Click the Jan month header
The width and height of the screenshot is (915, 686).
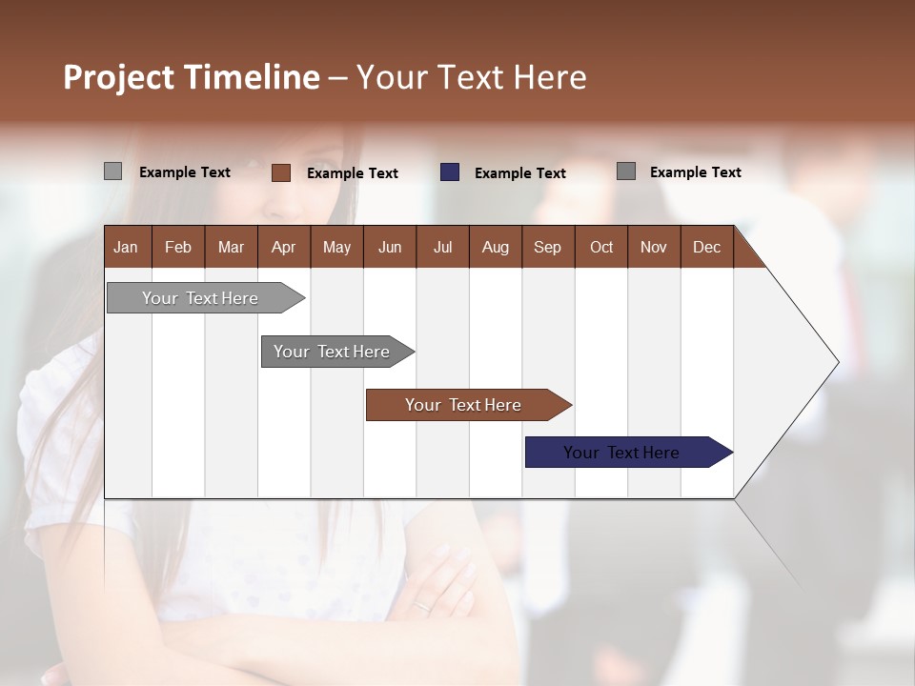click(126, 247)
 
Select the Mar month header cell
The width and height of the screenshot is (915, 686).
click(231, 247)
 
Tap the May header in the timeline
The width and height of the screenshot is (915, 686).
click(336, 247)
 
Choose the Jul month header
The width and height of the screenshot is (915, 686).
click(442, 247)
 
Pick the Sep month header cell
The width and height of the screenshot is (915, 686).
click(547, 247)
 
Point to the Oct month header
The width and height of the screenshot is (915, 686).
click(601, 247)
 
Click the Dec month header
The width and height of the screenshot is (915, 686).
click(706, 247)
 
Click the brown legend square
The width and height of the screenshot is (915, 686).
click(281, 172)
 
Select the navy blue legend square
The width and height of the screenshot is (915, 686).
click(450, 172)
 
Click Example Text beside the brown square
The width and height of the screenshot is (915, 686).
click(353, 173)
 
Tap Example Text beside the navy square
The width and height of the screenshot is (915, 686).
click(520, 173)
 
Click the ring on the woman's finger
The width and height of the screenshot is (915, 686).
click(421, 605)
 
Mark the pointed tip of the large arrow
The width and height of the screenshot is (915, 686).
click(837, 362)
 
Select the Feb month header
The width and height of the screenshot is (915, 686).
click(178, 247)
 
